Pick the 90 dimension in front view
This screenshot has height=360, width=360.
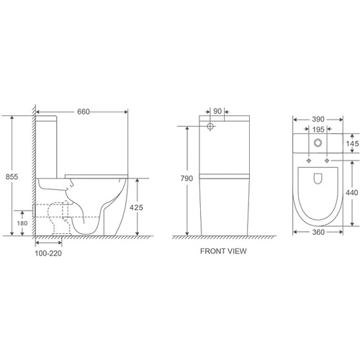(x=216, y=112)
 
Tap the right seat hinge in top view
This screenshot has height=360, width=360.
(x=328, y=159)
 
